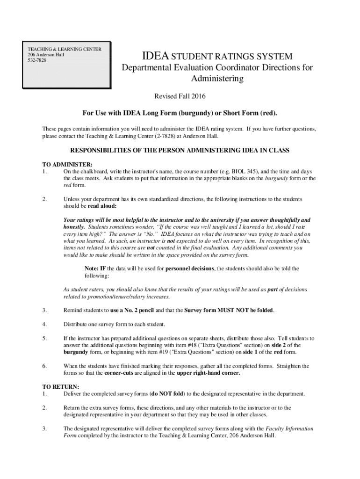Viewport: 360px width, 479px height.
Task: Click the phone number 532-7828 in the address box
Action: pyautogui.click(x=37, y=60)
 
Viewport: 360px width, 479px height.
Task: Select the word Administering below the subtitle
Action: pyautogui.click(x=217, y=79)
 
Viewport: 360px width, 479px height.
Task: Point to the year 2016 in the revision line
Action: pyautogui.click(x=197, y=96)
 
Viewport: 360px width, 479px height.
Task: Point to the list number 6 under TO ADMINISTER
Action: pyautogui.click(x=44, y=366)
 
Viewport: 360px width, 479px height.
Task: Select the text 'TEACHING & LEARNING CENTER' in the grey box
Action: pyautogui.click(x=65, y=49)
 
